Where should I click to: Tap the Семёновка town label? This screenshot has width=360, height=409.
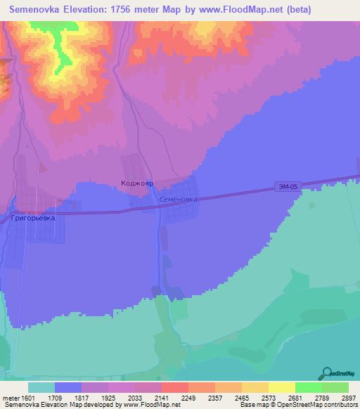178,199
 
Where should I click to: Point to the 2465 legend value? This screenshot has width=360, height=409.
228,397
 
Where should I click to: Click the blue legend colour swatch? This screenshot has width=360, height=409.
68,387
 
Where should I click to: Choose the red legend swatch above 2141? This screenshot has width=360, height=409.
175,387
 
